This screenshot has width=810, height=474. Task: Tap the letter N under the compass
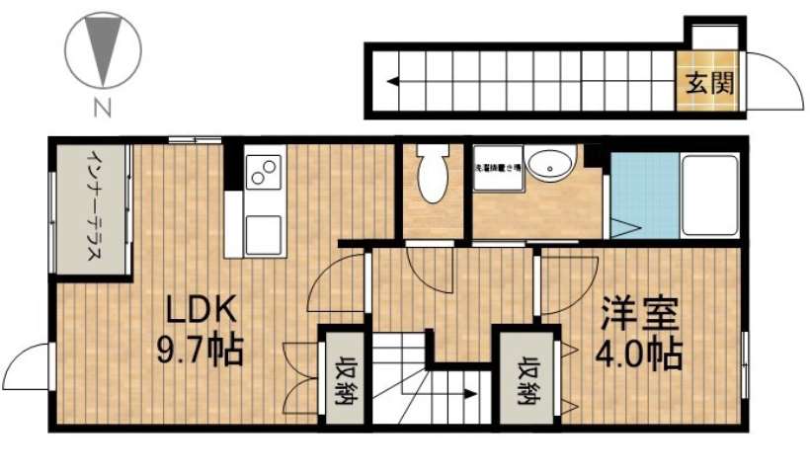click(x=101, y=106)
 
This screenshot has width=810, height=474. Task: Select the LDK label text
click(x=200, y=310)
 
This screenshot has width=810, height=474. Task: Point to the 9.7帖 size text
click(x=200, y=350)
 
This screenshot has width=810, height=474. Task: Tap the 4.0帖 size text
click(x=639, y=353)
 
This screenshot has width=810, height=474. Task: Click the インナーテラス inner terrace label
click(x=91, y=207)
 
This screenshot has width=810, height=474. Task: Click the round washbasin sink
click(x=549, y=165)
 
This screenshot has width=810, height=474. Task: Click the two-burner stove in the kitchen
click(x=263, y=172)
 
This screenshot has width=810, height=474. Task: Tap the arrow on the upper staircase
click(x=394, y=82)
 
